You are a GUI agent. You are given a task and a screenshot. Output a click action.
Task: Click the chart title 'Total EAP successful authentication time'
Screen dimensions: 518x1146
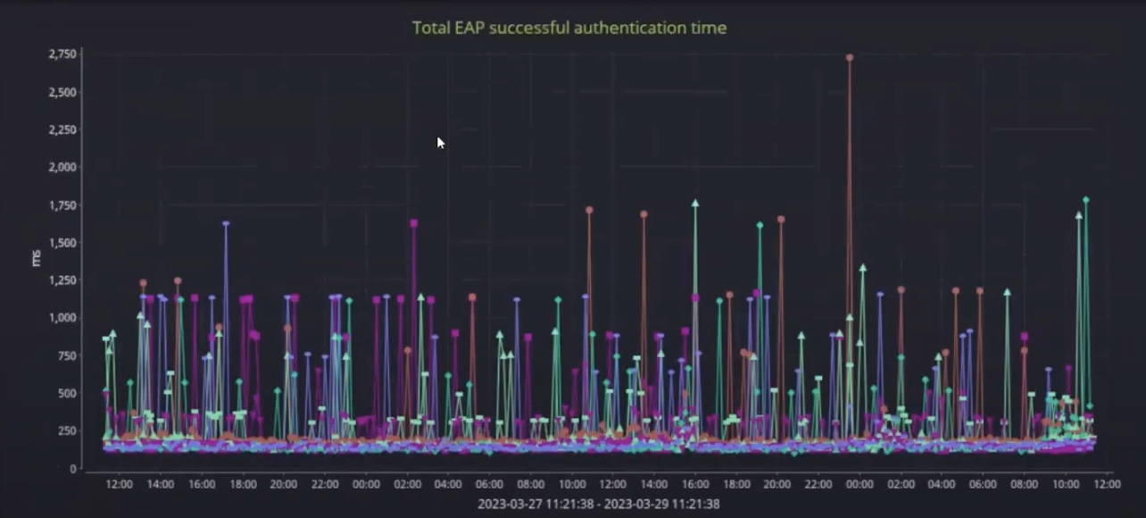(569, 28)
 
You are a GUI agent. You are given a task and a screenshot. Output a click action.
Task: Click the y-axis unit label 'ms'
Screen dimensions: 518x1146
(36, 258)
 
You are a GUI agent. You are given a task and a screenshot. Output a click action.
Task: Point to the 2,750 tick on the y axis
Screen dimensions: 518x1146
(62, 54)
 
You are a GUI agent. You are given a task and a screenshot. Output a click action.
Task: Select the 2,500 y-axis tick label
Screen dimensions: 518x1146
(62, 92)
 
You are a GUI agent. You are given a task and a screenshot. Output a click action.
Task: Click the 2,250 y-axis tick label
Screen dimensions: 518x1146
(62, 129)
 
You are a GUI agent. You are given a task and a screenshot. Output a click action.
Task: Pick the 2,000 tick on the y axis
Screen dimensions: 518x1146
(62, 167)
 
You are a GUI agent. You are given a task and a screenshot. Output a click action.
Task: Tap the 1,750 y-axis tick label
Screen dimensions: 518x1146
(62, 205)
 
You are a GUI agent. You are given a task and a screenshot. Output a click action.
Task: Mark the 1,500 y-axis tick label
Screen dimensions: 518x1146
(62, 243)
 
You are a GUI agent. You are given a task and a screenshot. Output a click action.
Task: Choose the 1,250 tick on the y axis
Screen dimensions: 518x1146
(62, 280)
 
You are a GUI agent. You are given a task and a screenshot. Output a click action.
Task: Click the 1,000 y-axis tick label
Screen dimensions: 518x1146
(62, 318)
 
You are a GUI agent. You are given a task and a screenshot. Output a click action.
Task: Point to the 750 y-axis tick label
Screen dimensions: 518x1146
(66, 355)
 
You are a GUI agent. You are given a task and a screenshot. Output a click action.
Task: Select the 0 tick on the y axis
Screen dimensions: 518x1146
(73, 468)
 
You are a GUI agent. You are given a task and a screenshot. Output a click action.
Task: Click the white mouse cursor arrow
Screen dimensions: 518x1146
(440, 142)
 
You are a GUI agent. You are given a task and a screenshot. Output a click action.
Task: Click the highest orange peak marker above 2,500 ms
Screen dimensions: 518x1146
(850, 57)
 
